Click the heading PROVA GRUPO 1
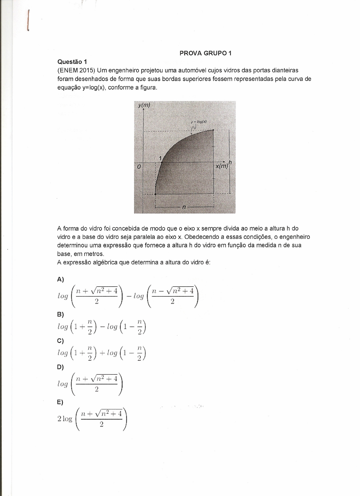205,53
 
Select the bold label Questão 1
72,62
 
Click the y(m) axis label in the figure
144,105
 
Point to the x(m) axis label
222,166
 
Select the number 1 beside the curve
161,158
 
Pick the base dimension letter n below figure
184,207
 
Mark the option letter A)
60,279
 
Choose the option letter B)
60,314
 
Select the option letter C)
60,341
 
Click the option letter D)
60,367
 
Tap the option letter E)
60,402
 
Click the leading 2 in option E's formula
59,419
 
